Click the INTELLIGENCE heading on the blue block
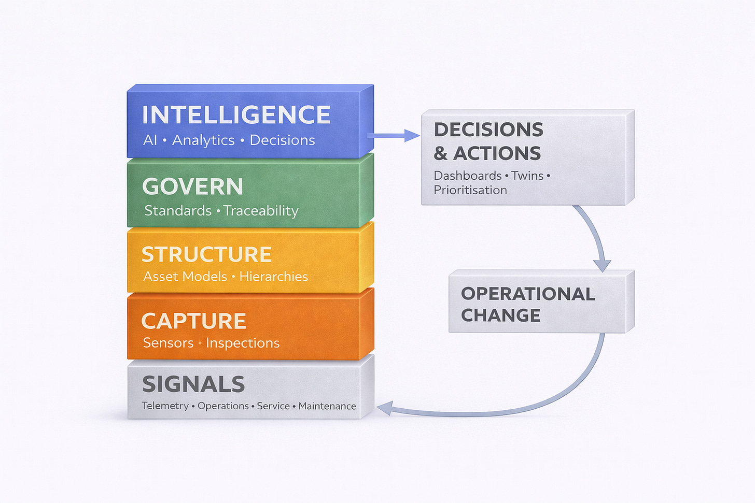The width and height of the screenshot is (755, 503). point(236,115)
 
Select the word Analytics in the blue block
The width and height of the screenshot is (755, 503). point(203,140)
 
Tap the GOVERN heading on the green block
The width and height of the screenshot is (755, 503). point(192,186)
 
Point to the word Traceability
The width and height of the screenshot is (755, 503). point(261,211)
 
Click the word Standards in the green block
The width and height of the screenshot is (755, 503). point(178,211)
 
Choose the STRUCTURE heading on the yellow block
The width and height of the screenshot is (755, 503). point(206,254)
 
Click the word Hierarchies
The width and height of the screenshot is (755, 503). point(273,277)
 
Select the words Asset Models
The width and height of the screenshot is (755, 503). point(185,277)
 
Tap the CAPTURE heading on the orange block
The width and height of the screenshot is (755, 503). point(193,321)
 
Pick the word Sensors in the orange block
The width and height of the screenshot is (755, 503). point(168,343)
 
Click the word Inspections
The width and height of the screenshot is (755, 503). point(243,343)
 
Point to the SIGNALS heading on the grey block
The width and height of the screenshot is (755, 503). point(193,384)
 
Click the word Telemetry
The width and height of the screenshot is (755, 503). point(165,406)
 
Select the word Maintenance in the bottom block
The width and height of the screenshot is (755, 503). point(327,406)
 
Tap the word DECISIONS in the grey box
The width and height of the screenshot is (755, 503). point(488,130)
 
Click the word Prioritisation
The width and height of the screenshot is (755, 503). point(470,190)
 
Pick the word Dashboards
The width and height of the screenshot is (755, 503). point(467,176)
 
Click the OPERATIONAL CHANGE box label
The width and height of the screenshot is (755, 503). point(527,304)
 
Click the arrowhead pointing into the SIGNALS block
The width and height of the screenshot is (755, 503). point(384,409)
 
